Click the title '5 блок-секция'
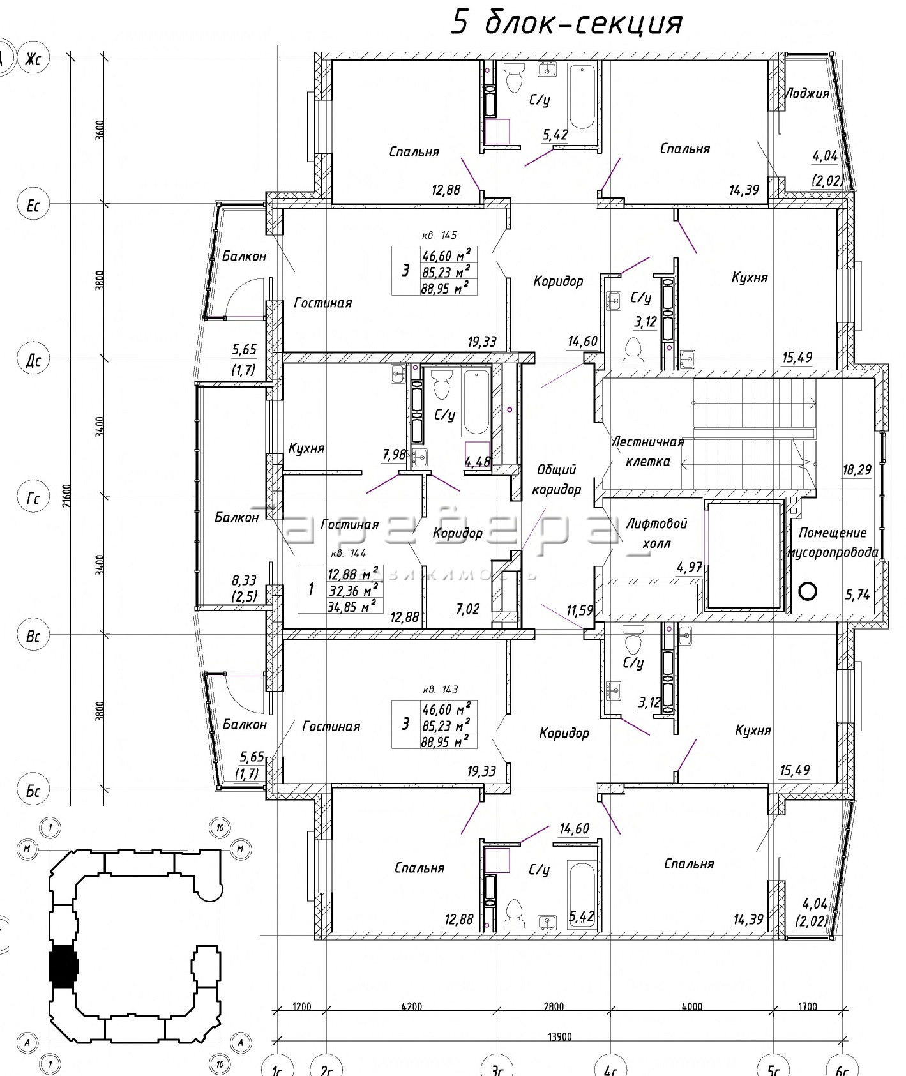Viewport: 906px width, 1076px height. [x=567, y=23]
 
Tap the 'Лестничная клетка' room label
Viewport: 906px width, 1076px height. [x=647, y=451]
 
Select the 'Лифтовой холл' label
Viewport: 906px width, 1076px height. [x=656, y=533]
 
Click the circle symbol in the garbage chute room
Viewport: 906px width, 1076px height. [x=808, y=591]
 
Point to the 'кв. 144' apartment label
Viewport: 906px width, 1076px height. [x=349, y=554]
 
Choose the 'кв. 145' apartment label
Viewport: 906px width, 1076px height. [x=439, y=235]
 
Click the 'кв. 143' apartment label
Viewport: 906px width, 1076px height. [x=441, y=690]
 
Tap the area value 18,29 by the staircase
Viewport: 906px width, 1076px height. [x=856, y=470]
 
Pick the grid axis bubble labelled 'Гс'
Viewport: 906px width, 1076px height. [x=33, y=498]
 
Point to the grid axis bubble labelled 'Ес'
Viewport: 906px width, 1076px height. [x=33, y=206]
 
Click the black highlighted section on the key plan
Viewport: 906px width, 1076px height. [x=63, y=965]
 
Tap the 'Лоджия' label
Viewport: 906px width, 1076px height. [x=806, y=94]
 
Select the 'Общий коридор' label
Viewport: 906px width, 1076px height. [x=556, y=480]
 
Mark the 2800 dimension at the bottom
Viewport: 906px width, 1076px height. [x=554, y=1007]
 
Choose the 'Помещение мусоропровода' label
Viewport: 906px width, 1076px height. [x=833, y=542]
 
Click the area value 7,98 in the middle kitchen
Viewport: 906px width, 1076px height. [x=394, y=455]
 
